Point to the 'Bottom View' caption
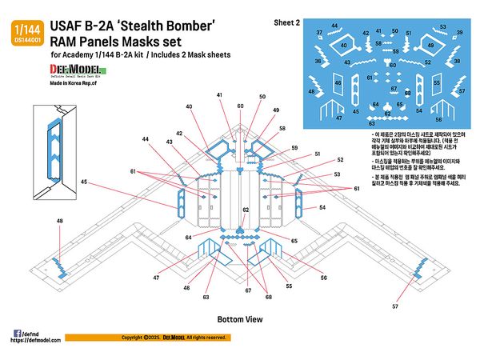(240, 319)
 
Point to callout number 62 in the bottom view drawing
(246, 210)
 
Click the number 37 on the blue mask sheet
(320, 33)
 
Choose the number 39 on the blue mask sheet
(459, 33)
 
